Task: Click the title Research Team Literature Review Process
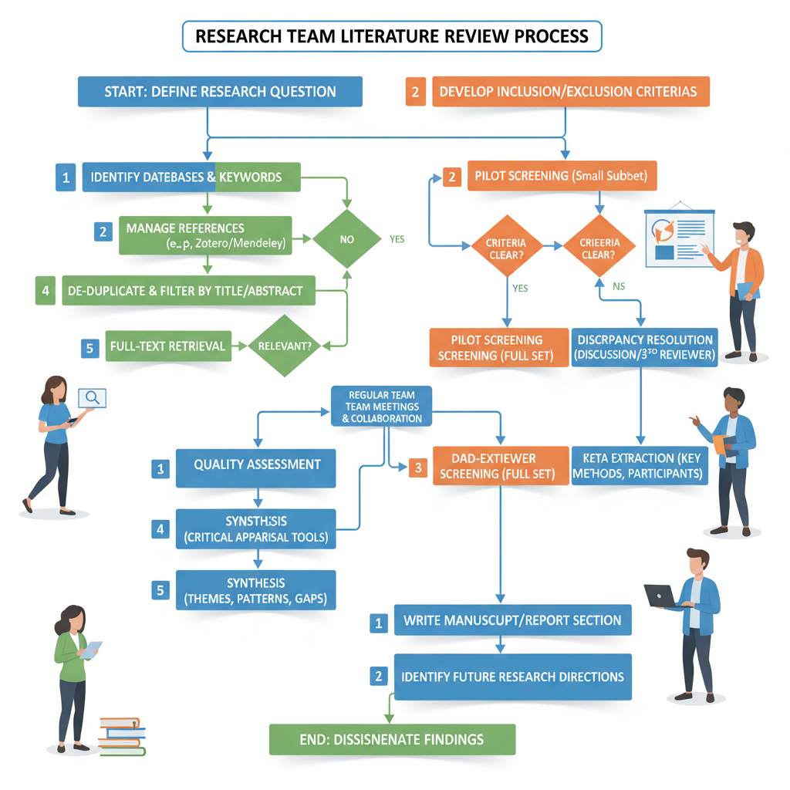(392, 36)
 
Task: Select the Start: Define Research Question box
(220, 92)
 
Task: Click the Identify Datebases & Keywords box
(190, 177)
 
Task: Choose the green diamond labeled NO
(346, 239)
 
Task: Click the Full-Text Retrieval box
(167, 346)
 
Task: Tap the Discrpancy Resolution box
(644, 347)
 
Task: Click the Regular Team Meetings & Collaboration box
(381, 407)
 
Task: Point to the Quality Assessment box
(256, 464)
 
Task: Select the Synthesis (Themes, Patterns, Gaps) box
(256, 590)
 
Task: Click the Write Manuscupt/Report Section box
(512, 620)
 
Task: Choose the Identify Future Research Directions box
(512, 677)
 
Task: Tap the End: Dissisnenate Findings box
(391, 739)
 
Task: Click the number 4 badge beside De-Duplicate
(46, 291)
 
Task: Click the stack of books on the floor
(122, 736)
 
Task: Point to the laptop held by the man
(660, 595)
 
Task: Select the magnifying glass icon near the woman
(93, 398)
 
